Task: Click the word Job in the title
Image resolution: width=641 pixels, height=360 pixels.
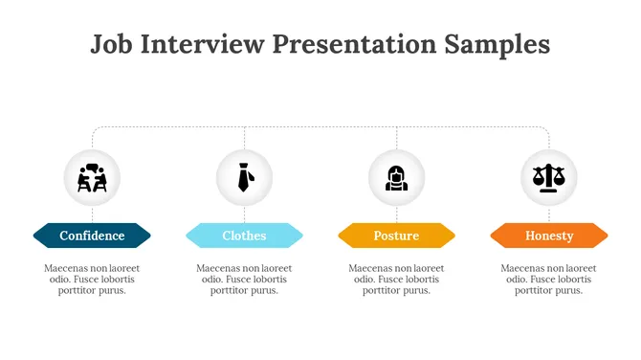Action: tap(111, 44)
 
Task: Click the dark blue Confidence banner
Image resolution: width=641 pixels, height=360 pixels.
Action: tap(92, 236)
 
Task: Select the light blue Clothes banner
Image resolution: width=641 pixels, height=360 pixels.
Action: tap(244, 236)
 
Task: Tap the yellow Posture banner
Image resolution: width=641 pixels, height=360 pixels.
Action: tap(396, 236)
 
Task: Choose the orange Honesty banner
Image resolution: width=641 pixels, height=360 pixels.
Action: tap(549, 236)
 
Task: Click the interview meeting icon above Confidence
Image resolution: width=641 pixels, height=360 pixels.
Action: tap(92, 178)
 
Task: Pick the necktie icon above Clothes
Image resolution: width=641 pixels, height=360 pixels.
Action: tap(244, 178)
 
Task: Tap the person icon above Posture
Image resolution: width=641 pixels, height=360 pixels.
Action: tap(396, 178)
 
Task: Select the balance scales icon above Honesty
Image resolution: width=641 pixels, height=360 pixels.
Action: tap(549, 178)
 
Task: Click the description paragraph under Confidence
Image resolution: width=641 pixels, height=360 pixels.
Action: tap(92, 280)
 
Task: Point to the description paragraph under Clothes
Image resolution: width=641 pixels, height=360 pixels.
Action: tap(244, 280)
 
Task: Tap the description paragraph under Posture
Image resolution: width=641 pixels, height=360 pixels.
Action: tap(396, 280)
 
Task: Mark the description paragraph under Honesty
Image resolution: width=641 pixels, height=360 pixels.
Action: tap(549, 280)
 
